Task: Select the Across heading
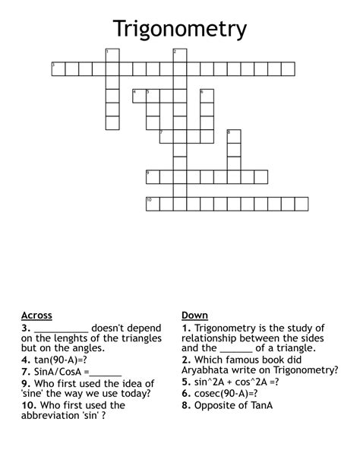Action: click(36, 315)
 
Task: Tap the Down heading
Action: click(194, 315)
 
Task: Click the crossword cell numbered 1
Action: click(112, 55)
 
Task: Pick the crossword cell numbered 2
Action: click(180, 55)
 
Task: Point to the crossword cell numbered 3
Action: click(58, 68)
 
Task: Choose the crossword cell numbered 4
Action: click(139, 96)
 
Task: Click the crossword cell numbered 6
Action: click(207, 96)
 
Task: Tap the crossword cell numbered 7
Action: click(166, 136)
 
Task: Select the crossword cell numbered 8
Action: click(234, 136)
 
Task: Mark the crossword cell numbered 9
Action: click(153, 176)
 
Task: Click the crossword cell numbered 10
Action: click(153, 204)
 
